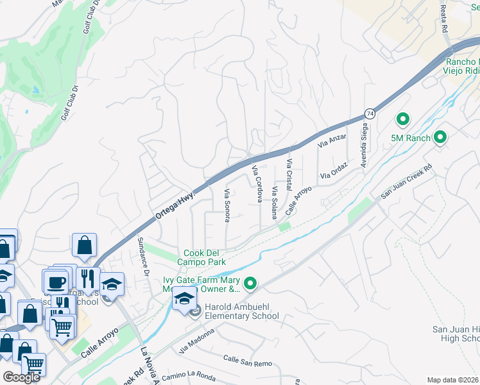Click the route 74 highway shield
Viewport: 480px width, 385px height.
(x=370, y=114)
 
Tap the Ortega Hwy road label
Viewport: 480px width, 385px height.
(x=173, y=204)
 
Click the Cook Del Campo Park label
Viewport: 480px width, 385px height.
(x=205, y=258)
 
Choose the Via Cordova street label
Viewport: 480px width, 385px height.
(x=257, y=184)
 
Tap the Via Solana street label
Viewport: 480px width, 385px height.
(x=275, y=201)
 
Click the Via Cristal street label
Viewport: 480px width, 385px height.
(x=289, y=173)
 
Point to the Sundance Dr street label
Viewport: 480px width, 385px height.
(x=144, y=256)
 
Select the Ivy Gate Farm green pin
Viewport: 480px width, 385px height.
(x=250, y=282)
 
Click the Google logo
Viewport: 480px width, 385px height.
(x=21, y=377)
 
